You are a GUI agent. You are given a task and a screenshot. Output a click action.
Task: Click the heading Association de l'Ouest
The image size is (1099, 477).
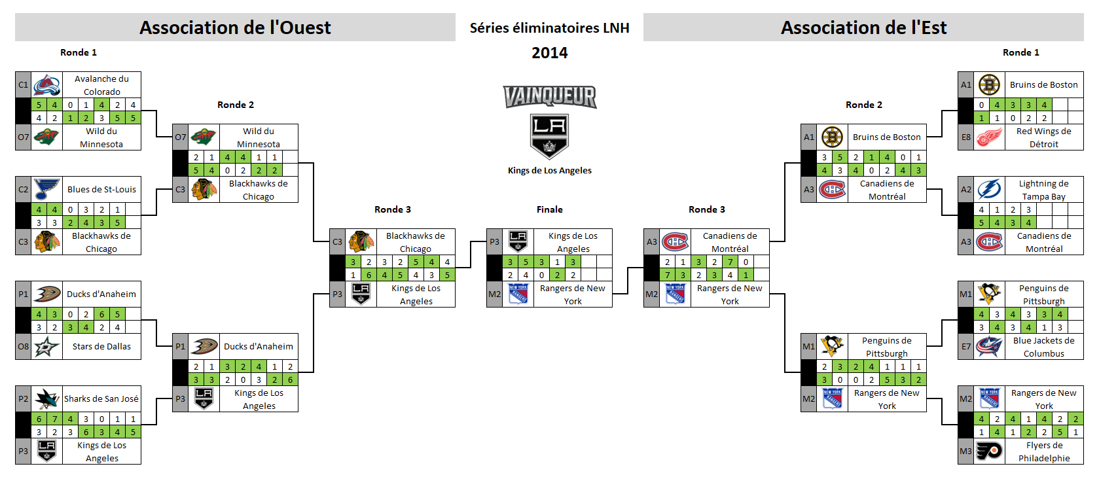235,27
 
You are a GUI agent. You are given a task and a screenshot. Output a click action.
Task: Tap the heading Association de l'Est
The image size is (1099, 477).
863,27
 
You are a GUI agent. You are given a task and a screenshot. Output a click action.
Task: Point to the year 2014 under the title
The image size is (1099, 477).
550,52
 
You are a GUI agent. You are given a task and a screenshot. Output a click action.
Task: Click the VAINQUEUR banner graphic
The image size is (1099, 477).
550,97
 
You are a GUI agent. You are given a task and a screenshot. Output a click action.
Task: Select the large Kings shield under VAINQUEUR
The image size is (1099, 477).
550,136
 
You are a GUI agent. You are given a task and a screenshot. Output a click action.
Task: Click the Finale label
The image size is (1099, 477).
550,209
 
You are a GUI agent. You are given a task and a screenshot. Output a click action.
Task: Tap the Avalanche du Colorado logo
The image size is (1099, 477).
47,85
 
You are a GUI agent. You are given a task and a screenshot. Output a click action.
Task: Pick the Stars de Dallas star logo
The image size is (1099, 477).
47,347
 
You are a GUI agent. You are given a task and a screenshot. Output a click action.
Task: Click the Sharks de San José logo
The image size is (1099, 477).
47,398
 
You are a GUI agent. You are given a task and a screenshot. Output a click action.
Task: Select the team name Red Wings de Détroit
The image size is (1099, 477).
1043,137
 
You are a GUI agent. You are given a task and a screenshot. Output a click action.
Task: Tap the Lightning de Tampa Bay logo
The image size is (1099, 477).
989,190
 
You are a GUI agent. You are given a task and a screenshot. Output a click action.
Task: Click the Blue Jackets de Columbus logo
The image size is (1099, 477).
989,347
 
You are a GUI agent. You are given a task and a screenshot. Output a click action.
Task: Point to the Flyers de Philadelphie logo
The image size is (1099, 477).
989,451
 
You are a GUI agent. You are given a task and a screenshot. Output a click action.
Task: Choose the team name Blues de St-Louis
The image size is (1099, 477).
101,190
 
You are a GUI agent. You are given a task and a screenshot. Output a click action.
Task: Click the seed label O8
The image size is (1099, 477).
23,347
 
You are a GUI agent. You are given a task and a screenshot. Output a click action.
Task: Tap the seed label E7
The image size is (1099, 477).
965,347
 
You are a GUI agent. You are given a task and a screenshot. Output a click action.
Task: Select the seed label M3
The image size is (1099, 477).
965,451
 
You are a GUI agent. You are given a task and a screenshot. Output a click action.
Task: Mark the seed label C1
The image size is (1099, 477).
23,85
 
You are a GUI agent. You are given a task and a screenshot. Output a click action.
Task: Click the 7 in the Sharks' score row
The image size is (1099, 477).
54,419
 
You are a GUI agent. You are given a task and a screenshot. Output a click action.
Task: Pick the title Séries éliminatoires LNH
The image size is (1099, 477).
550,28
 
